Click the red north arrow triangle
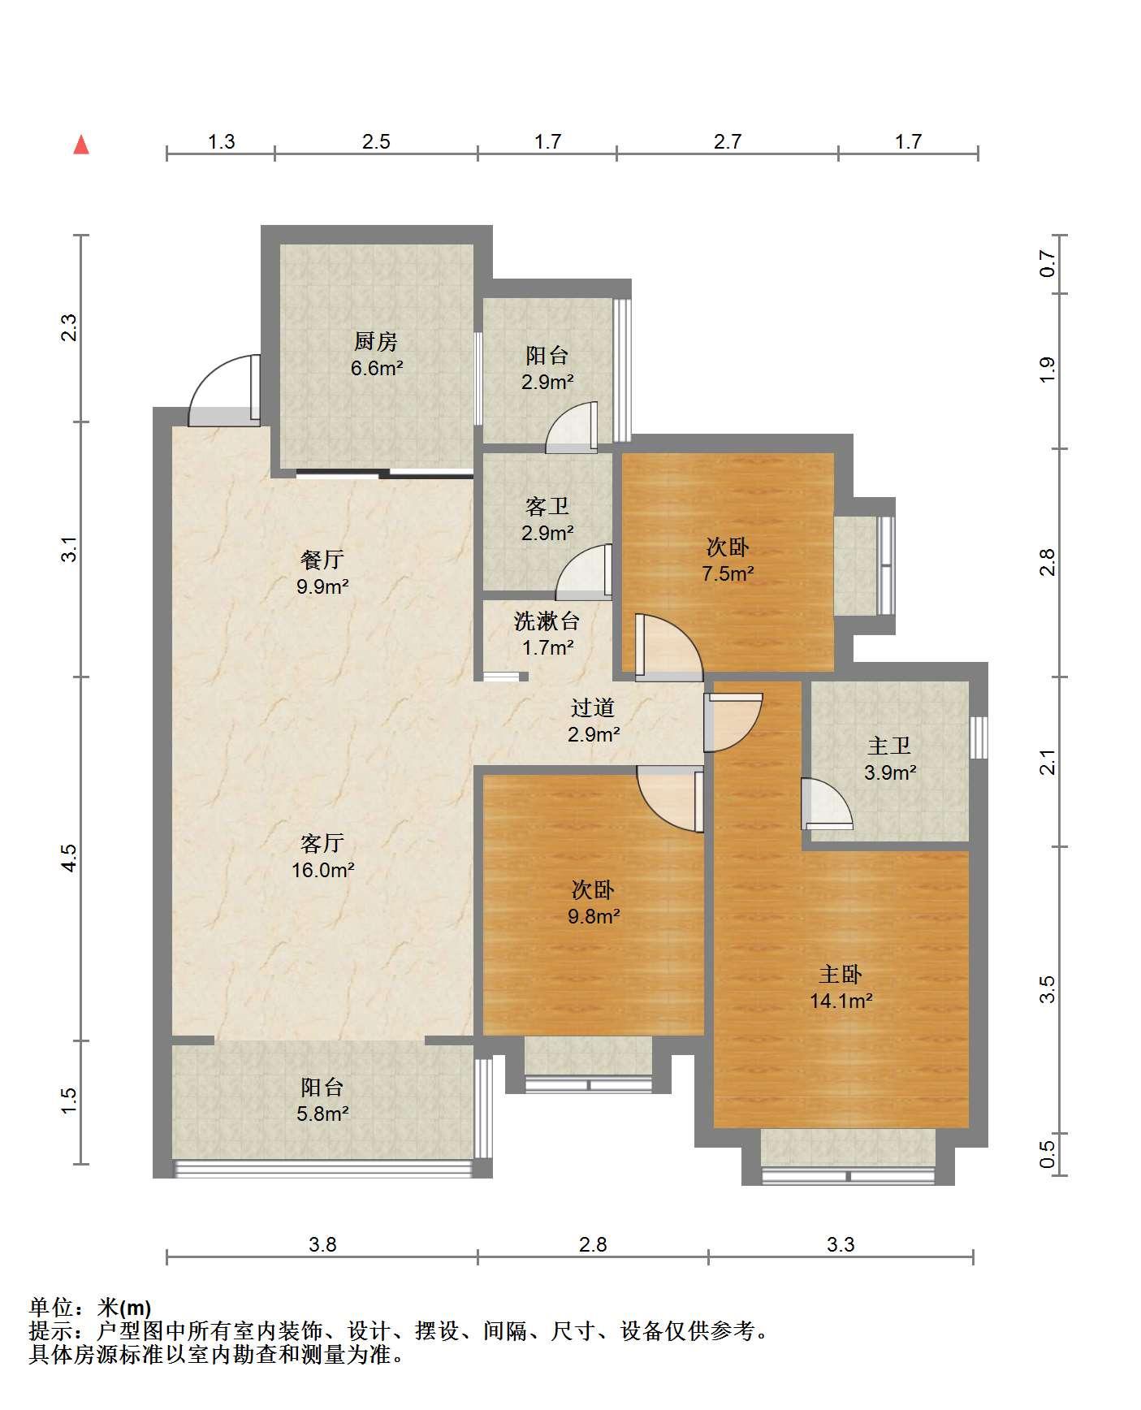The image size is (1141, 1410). pyautogui.click(x=81, y=145)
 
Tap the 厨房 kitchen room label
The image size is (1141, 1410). pyautogui.click(x=376, y=341)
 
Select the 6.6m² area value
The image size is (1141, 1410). pyautogui.click(x=377, y=368)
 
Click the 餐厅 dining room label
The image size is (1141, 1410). pyautogui.click(x=322, y=559)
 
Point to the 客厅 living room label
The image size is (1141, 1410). pyautogui.click(x=322, y=843)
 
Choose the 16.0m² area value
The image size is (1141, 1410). pyautogui.click(x=322, y=870)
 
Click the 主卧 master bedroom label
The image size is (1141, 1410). pyautogui.click(x=841, y=974)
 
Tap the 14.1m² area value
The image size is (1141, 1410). pyautogui.click(x=841, y=1001)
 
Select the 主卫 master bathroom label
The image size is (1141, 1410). pyautogui.click(x=889, y=745)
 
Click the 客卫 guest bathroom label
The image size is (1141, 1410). pyautogui.click(x=547, y=506)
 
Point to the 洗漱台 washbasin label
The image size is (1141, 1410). pyautogui.click(x=547, y=621)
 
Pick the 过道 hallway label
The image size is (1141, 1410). pyautogui.click(x=593, y=707)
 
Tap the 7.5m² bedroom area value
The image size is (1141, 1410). pyautogui.click(x=728, y=573)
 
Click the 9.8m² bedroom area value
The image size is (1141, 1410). pyautogui.click(x=594, y=916)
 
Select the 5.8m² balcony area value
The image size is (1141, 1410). pyautogui.click(x=322, y=1114)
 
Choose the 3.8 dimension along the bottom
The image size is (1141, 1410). pyautogui.click(x=322, y=1244)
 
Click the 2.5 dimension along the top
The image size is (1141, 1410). pyautogui.click(x=376, y=142)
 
